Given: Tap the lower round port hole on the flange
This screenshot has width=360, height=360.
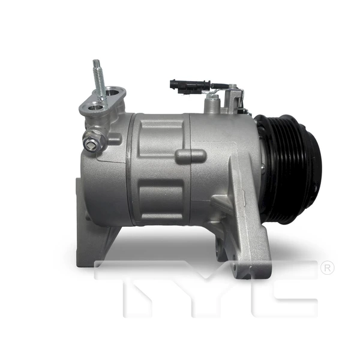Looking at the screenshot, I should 92,108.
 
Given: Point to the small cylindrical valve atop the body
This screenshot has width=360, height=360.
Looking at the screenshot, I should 211,104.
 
